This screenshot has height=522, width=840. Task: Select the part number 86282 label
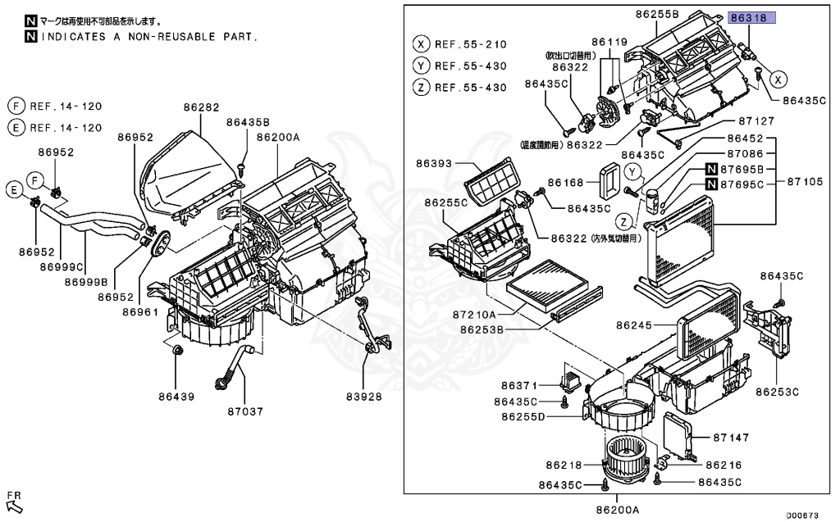tap(201, 107)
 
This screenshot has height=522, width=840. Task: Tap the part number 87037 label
tap(244, 411)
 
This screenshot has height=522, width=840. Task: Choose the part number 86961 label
tap(140, 311)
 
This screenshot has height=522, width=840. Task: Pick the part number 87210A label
tap(473, 314)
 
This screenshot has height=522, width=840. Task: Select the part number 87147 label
tap(732, 438)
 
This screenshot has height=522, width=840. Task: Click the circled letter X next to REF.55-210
tap(421, 44)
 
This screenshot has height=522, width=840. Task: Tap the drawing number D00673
tap(802, 515)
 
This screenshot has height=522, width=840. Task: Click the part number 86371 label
tap(518, 385)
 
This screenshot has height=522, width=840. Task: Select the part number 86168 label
tap(566, 182)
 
